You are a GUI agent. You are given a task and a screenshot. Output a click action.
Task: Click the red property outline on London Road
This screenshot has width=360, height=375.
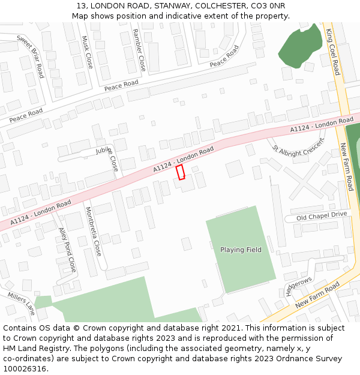coord(180,172)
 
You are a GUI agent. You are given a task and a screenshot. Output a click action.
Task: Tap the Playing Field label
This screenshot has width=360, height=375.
coord(241,250)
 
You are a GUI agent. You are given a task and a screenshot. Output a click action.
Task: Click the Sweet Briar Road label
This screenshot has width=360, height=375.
coord(31,56)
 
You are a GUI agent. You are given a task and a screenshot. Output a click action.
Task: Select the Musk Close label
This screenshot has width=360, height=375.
coord(88,52)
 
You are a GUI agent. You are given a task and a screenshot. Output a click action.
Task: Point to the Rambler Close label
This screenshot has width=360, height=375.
coord(139,50)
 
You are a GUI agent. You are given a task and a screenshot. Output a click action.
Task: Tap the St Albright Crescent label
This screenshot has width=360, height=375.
coord(298,150)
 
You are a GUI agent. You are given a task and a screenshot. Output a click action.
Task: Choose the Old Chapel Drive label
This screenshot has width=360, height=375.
coord(322,215)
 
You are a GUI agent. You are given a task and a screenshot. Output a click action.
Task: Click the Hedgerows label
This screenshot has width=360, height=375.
coord(298,286)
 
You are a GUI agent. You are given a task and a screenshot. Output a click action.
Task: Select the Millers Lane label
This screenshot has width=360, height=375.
coord(22,304)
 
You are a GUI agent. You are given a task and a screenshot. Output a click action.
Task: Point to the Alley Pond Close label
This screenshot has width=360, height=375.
coord(67,249)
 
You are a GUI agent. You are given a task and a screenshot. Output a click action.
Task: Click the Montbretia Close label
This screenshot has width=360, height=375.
coord(94,232)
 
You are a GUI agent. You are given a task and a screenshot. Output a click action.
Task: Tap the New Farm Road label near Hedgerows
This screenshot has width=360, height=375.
coord(317,294)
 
